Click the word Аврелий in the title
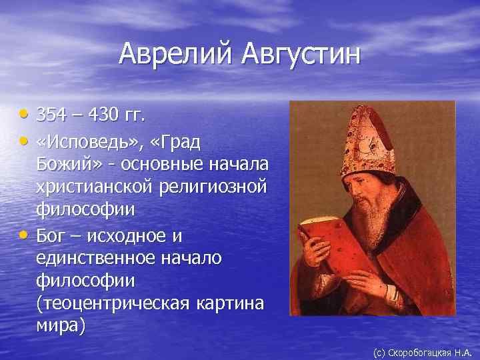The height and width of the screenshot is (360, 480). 171,54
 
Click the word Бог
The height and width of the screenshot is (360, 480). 51,237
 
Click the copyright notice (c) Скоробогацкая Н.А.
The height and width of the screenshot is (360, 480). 422,351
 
